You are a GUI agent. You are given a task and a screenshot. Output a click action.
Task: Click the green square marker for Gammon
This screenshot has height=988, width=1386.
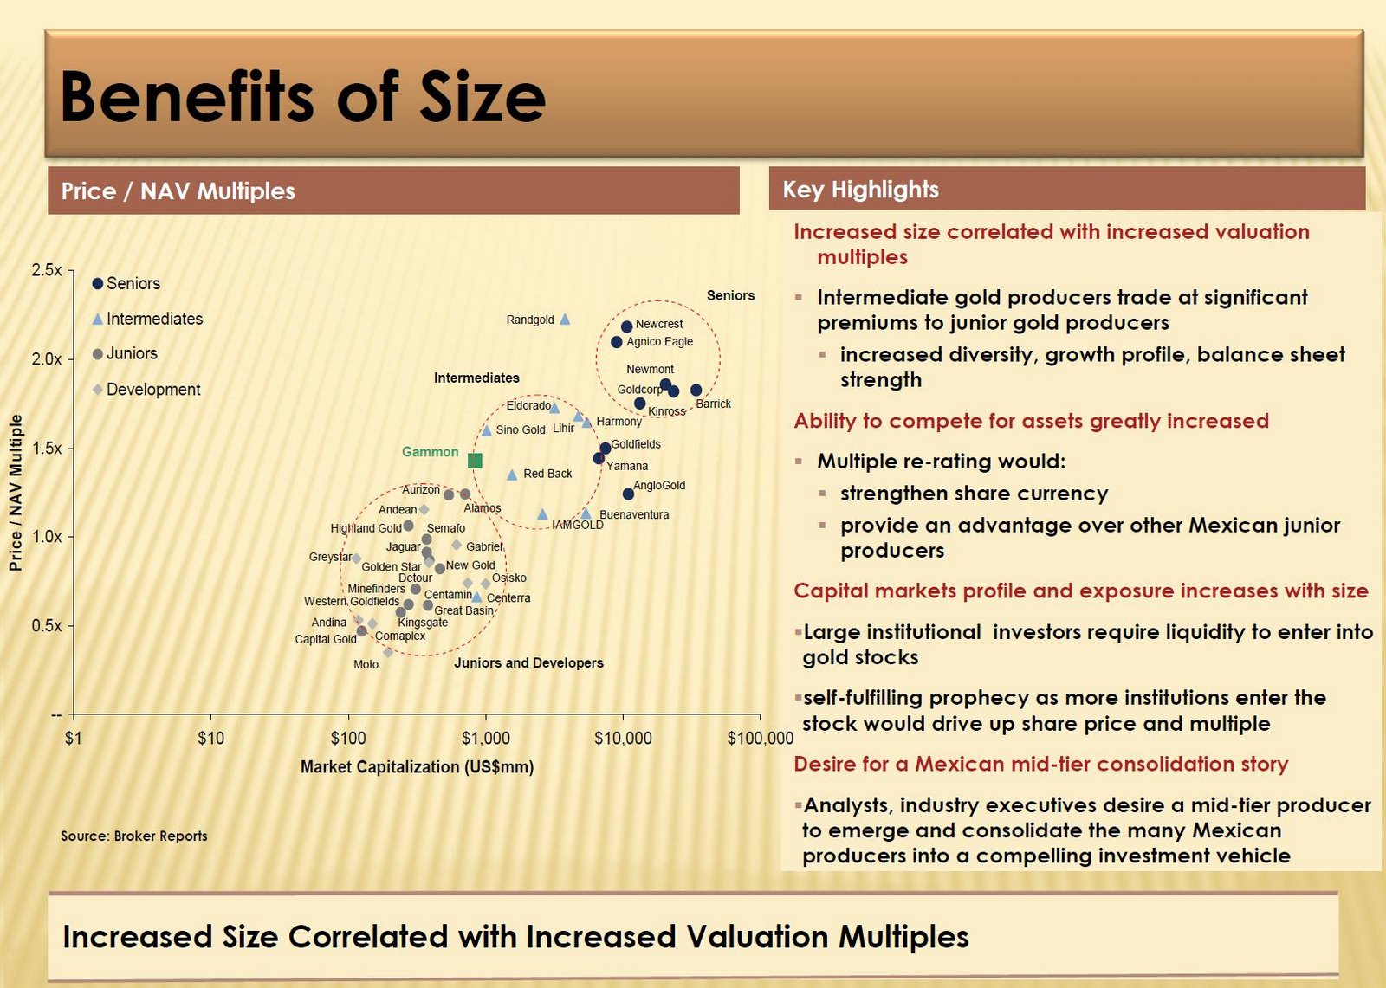tap(475, 461)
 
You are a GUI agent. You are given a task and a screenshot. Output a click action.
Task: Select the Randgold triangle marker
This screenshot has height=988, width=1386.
tap(565, 320)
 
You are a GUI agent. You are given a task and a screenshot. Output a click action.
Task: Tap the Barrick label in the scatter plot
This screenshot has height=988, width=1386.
tap(714, 404)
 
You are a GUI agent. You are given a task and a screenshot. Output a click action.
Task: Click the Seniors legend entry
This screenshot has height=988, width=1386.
tap(126, 283)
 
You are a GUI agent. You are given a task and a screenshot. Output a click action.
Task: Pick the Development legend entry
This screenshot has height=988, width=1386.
tap(146, 390)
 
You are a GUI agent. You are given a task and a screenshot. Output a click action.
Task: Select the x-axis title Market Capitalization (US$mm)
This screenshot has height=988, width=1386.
tap(417, 767)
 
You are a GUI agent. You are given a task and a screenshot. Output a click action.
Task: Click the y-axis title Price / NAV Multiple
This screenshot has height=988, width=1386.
tap(16, 493)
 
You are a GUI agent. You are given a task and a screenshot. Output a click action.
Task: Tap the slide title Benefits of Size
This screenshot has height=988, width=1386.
tap(303, 96)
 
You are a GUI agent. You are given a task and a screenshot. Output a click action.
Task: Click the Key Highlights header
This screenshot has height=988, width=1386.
tap(861, 190)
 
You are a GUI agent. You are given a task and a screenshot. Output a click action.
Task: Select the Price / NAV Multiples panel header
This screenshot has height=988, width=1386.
tap(178, 191)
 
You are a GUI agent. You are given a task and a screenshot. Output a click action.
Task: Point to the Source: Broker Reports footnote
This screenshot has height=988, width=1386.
tap(134, 836)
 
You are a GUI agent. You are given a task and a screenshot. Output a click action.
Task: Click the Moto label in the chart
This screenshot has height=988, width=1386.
tap(366, 664)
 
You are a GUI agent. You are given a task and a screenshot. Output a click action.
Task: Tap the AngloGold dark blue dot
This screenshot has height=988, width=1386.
tap(628, 494)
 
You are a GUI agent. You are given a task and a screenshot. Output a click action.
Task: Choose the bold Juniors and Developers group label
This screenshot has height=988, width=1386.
tap(529, 663)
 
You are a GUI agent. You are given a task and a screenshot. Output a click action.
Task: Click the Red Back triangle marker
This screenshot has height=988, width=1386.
tap(512, 475)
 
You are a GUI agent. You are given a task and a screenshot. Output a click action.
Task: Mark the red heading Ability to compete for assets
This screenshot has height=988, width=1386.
tap(1032, 422)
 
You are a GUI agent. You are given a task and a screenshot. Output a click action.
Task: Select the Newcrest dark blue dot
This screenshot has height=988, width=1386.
tap(627, 326)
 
